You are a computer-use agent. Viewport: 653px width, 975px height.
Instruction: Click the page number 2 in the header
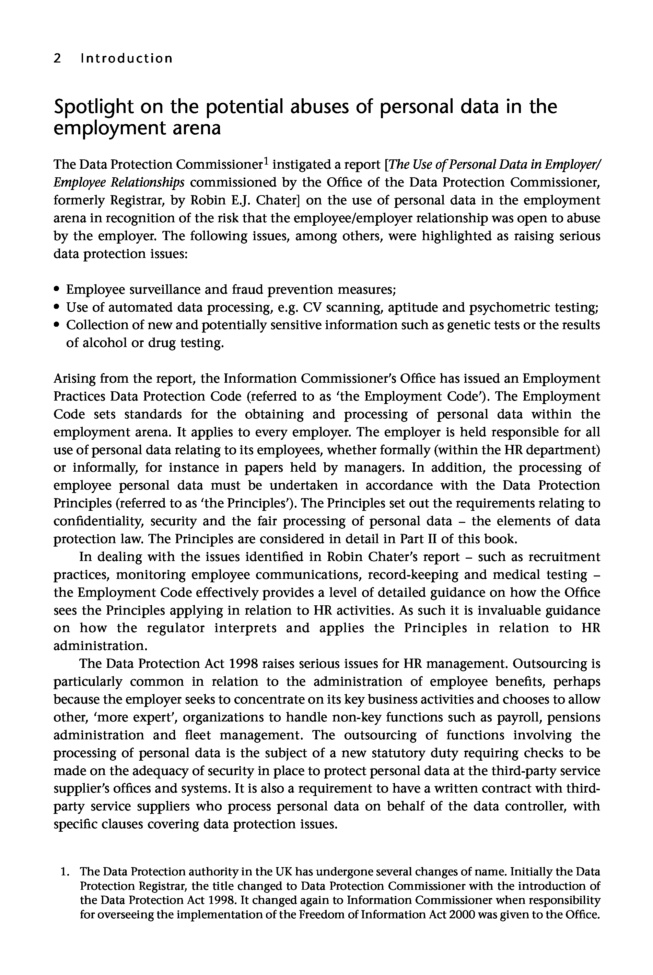[x=57, y=58]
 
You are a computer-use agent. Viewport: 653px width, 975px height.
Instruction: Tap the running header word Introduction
[x=127, y=58]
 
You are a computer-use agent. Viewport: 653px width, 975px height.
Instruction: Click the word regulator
[x=170, y=628]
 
